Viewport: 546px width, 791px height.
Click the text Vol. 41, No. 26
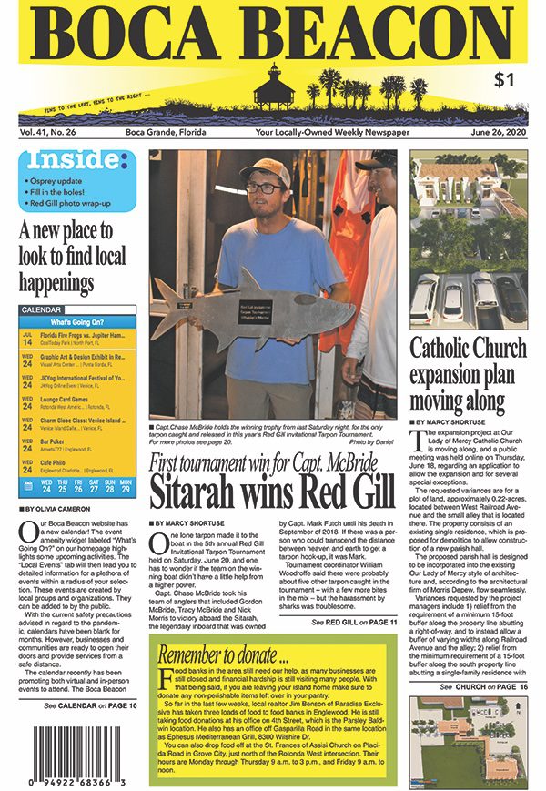[51, 133]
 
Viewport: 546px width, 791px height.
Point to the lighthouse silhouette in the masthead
[269, 89]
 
